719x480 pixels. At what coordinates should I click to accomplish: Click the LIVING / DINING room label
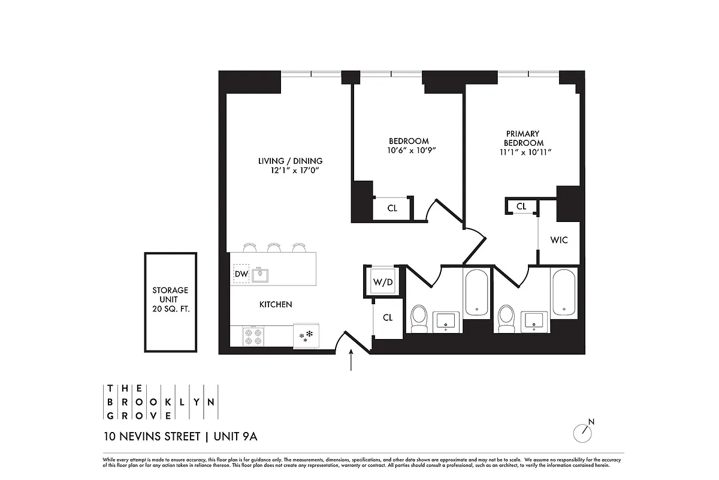click(x=290, y=161)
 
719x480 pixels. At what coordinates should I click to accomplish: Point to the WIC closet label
click(x=558, y=240)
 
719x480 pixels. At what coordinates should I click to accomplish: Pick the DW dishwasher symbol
click(x=241, y=274)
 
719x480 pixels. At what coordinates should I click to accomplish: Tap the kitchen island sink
click(x=260, y=275)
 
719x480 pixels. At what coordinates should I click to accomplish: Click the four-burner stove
click(x=253, y=336)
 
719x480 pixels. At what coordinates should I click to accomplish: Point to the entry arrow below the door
click(x=351, y=362)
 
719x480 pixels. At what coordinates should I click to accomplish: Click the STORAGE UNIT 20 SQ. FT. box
click(x=170, y=302)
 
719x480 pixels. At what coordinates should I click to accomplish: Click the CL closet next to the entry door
click(x=388, y=317)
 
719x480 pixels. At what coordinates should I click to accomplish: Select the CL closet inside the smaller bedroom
click(x=392, y=208)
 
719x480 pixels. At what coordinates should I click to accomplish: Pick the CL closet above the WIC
click(x=521, y=206)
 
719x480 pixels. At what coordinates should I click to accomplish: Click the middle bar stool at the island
click(x=274, y=247)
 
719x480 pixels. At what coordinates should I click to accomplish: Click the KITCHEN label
click(x=276, y=305)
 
